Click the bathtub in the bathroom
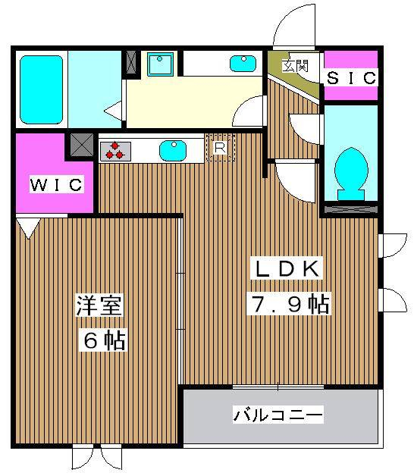pyautogui.click(x=41, y=89)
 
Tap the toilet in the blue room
pyautogui.click(x=351, y=174)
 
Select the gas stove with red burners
pyautogui.click(x=115, y=151)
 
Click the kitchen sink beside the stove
pyautogui.click(x=173, y=151)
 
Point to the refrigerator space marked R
pyautogui.click(x=220, y=148)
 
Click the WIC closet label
pyautogui.click(x=57, y=184)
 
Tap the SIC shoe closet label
pyautogui.click(x=351, y=78)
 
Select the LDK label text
pyautogui.click(x=286, y=268)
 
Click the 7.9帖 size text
pyautogui.click(x=289, y=304)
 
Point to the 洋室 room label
pyautogui.click(x=99, y=305)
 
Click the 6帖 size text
pyautogui.click(x=105, y=340)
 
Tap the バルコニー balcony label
pyautogui.click(x=278, y=415)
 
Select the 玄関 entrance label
pyautogui.click(x=295, y=66)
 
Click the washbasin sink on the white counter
pyautogui.click(x=243, y=64)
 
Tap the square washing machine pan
pyautogui.click(x=161, y=64)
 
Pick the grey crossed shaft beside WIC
pyautogui.click(x=82, y=145)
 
